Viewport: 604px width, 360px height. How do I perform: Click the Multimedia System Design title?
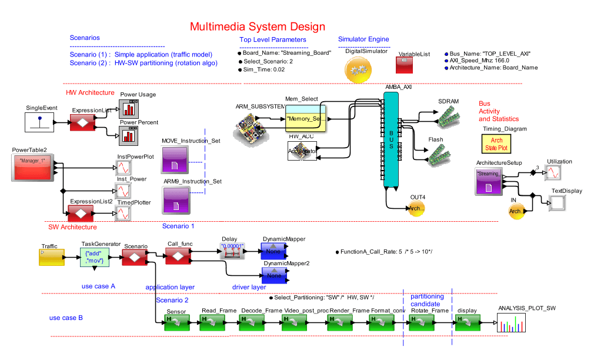coord(257,27)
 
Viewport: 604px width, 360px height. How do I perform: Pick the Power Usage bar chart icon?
coord(128,109)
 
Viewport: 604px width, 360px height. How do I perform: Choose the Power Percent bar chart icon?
coord(128,136)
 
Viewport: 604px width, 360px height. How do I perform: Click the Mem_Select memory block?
coord(306,117)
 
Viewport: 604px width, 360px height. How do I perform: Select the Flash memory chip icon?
coord(436,154)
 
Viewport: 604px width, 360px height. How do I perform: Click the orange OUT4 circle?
coord(416,208)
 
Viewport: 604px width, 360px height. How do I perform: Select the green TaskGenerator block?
coord(95,256)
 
